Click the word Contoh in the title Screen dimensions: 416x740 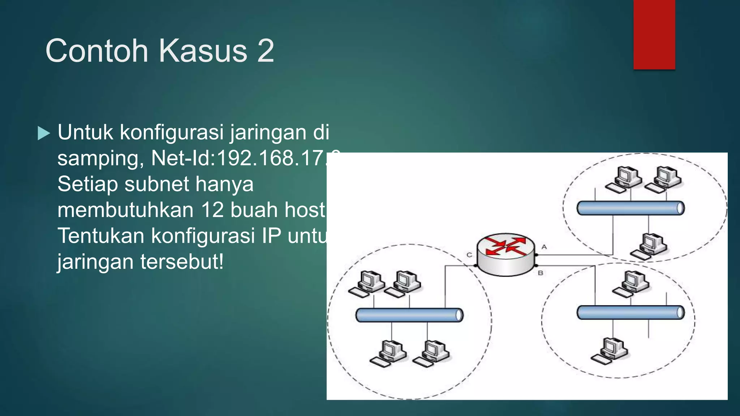pos(97,51)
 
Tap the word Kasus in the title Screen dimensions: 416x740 pos(203,51)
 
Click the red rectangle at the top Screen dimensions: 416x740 pos(654,34)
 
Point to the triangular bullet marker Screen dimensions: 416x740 pos(44,133)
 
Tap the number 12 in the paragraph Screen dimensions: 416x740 pos(212,210)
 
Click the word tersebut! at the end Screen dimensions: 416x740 pos(182,261)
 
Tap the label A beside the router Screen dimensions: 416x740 pos(544,247)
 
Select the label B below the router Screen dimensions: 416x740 pos(541,273)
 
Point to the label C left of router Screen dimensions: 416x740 pos(469,255)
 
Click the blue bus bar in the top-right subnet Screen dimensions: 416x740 pos(631,208)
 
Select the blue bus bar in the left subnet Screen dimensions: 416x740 pos(409,315)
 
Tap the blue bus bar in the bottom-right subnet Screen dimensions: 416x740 pos(631,313)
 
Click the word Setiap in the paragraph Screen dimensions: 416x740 pos(87,184)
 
